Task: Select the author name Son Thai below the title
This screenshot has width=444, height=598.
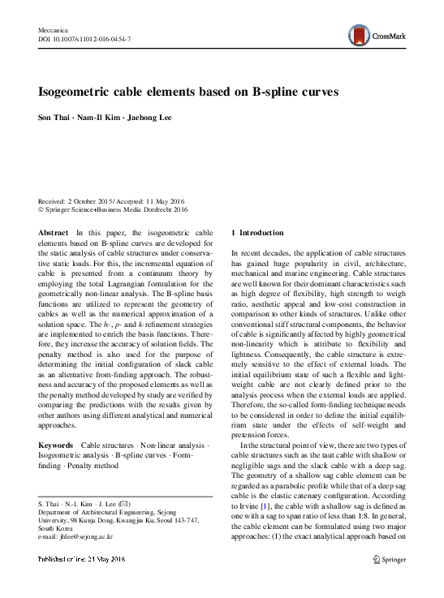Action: click(54, 118)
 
